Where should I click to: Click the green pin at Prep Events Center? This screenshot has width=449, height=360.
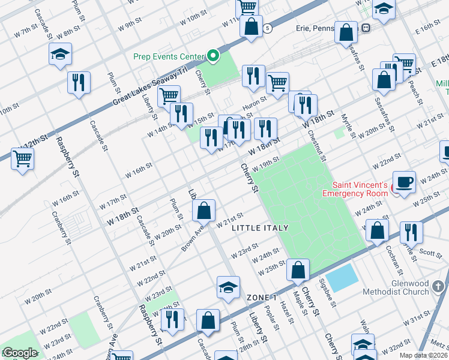tap(213, 57)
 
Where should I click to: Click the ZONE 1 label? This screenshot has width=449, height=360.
tap(262, 298)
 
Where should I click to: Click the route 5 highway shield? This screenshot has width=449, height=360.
tap(267, 28)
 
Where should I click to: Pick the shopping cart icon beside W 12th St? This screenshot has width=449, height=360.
tap(23, 159)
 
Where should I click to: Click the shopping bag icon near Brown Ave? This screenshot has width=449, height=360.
tap(204, 210)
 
